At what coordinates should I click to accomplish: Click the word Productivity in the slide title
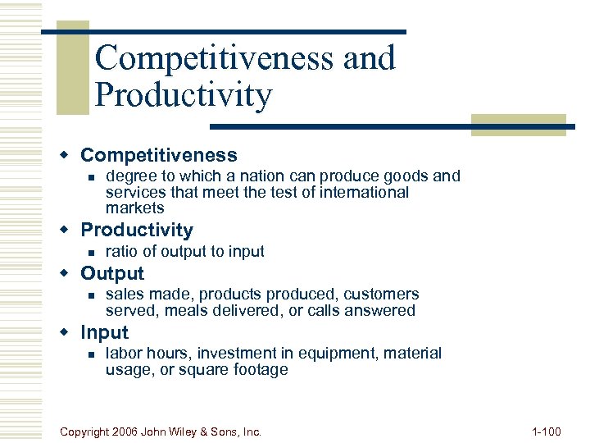(183, 95)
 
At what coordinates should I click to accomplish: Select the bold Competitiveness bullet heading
(158, 155)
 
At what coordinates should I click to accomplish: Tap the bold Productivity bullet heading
(137, 231)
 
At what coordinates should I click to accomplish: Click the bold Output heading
(112, 273)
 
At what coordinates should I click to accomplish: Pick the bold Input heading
(104, 332)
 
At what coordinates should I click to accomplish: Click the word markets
(134, 208)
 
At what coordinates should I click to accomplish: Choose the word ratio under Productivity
(122, 251)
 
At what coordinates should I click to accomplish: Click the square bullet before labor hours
(93, 354)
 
